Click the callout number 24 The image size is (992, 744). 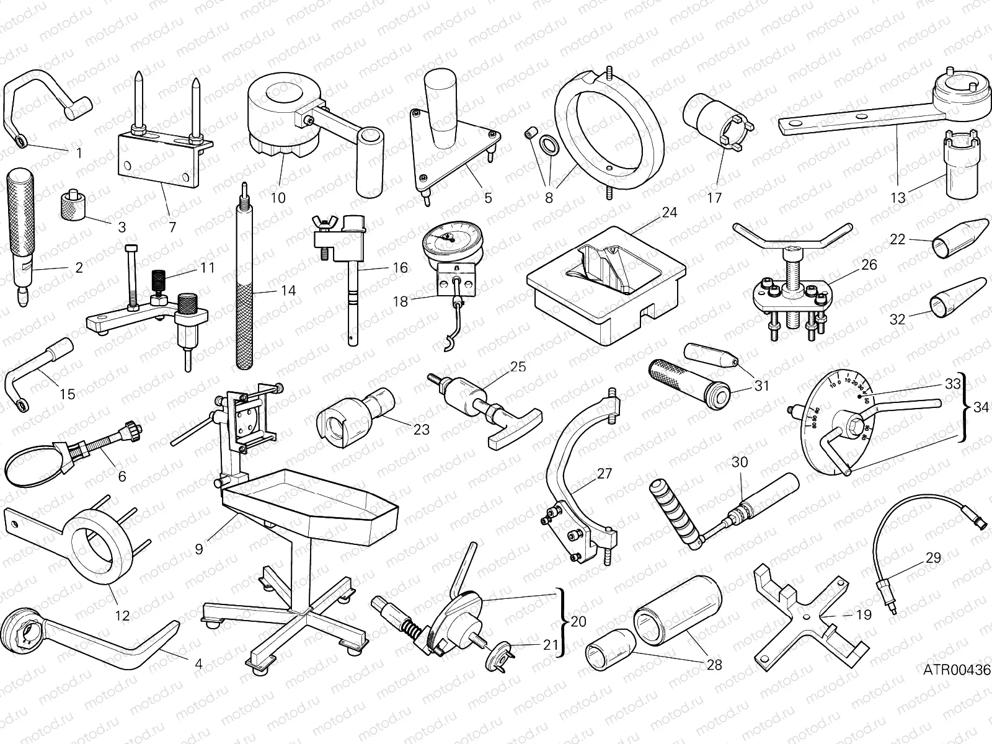669,213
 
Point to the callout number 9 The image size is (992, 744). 198,549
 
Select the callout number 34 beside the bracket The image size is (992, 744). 981,407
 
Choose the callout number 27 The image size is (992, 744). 604,474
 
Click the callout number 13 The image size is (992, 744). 898,198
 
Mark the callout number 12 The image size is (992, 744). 123,615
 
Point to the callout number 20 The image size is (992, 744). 578,621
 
